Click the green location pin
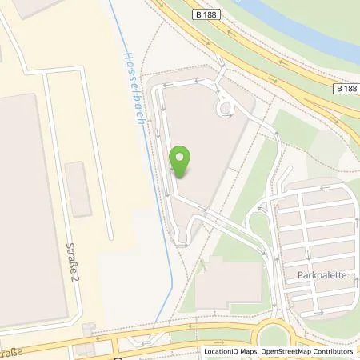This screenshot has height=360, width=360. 183,161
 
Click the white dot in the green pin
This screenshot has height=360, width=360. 183,155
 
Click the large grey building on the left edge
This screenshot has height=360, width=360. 20,200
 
